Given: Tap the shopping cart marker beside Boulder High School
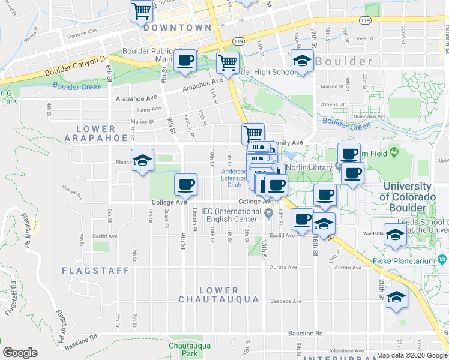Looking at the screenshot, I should click(x=228, y=62).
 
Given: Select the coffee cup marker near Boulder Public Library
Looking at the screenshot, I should click(x=185, y=60).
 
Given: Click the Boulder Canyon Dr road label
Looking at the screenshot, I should click(x=75, y=65).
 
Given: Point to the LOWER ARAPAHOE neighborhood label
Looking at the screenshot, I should click(x=96, y=133).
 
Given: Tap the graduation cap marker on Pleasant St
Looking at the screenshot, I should click(x=143, y=160).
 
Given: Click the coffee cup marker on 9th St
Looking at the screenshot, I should click(x=185, y=184).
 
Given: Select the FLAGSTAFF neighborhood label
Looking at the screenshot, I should click(x=95, y=271).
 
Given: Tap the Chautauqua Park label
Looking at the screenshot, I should click(x=183, y=350).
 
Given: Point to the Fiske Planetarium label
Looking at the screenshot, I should click(x=411, y=259).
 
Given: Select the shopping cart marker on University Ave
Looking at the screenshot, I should click(x=253, y=133).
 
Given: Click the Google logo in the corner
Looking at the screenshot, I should click(x=20, y=353).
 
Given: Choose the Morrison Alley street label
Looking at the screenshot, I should click(x=82, y=33).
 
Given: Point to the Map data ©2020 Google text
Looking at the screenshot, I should click(x=412, y=355).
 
